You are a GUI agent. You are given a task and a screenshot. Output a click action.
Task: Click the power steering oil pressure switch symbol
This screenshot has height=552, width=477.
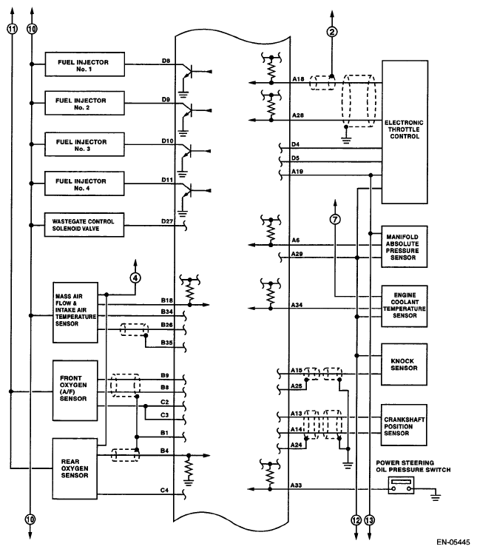coord(401,485)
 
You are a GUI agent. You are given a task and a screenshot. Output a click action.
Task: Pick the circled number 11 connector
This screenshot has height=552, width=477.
coord(13,29)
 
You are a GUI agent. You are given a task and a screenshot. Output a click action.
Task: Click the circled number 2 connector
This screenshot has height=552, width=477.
coord(332,32)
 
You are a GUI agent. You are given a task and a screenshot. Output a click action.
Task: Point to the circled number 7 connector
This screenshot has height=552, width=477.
coord(335,219)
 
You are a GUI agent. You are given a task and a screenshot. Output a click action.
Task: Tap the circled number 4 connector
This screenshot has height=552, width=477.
coord(135,277)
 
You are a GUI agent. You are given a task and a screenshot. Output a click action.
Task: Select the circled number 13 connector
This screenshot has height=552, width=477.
coord(369,520)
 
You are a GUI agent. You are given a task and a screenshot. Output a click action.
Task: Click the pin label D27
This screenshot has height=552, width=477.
coord(167,221)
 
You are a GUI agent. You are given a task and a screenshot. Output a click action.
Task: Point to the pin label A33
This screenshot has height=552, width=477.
coord(297,485)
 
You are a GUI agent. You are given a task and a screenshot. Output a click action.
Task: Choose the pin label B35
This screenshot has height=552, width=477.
coord(166,342)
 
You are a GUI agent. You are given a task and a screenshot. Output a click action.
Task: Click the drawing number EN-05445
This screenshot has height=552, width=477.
coord(453,542)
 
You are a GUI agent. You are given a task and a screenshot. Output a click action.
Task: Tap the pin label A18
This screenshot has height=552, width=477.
coord(298,79)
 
